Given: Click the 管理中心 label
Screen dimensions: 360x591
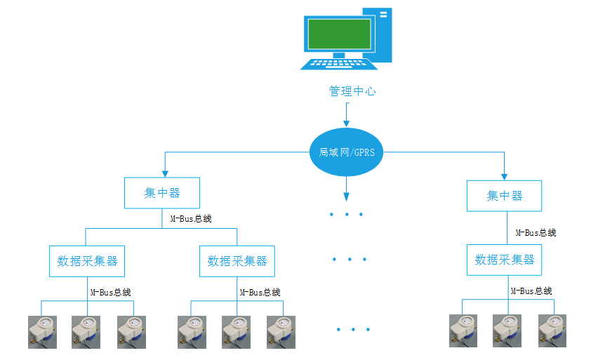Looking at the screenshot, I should coord(352,91).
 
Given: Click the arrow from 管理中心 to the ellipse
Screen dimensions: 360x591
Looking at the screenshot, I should coord(347,114).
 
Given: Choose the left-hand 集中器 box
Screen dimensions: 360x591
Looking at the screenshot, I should coord(162,193).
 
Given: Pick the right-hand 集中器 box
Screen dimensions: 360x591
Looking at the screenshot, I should coord(504,196).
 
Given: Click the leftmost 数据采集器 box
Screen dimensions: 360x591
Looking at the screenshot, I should coord(86,261).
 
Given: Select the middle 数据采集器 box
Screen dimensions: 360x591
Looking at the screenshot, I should coord(237,261).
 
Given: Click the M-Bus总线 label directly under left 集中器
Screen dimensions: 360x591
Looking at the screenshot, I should coord(191,218).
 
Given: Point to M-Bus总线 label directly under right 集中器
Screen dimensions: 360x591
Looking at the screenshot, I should coord(536,232).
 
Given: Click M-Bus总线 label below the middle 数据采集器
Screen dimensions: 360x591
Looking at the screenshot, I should coord(260,292).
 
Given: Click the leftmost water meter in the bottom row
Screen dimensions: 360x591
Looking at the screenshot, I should coord(42,331).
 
